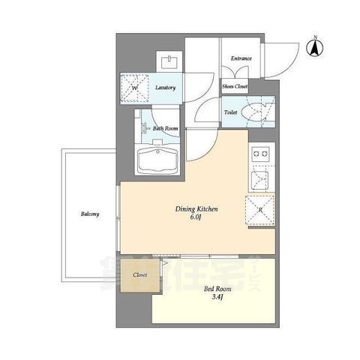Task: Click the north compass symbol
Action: click(316, 47)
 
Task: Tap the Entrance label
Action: click(241, 58)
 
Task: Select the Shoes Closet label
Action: click(235, 87)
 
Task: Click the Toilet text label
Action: click(231, 112)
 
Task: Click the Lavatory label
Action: click(165, 88)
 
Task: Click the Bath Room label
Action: click(165, 128)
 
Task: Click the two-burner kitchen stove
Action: click(260, 154)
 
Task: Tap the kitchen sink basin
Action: click(260, 179)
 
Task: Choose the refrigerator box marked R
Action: click(259, 210)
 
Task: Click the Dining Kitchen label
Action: click(196, 210)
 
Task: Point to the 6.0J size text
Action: click(196, 218)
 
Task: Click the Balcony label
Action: click(91, 214)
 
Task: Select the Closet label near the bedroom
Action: click(140, 275)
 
